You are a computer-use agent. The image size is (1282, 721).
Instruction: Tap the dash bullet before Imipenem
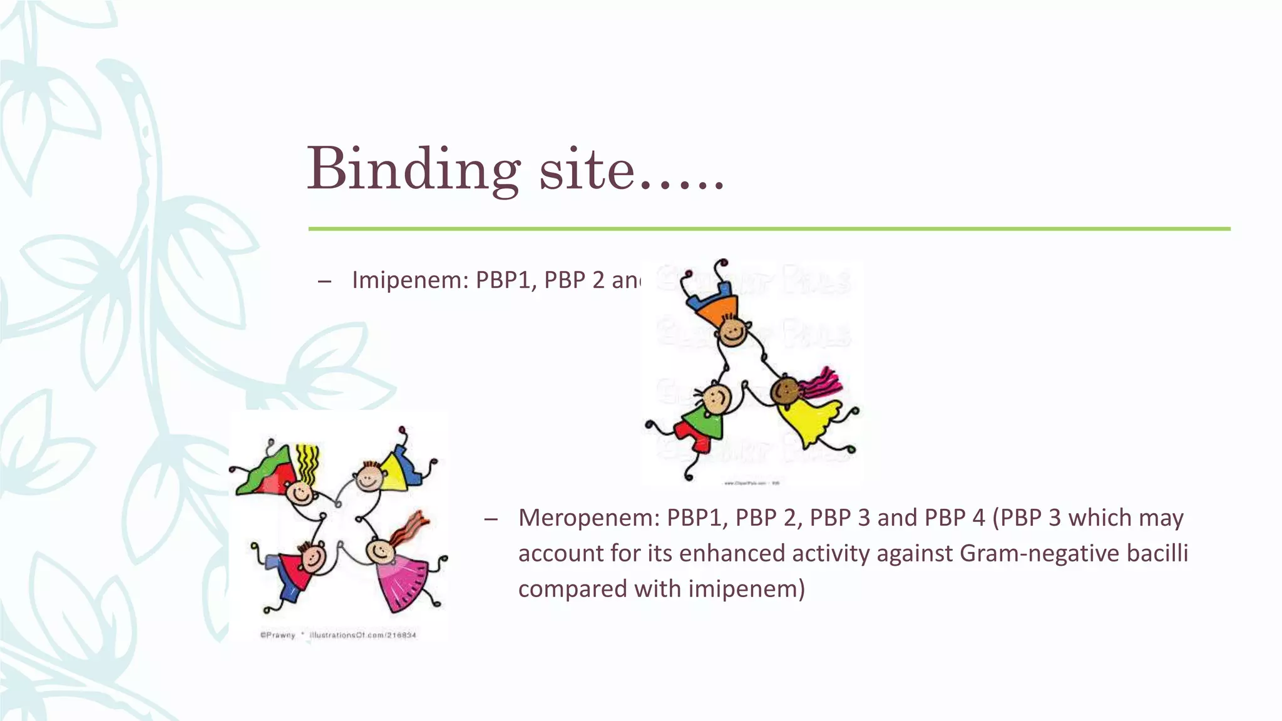click(324, 282)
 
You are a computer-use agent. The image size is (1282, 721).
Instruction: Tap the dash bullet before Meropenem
click(491, 519)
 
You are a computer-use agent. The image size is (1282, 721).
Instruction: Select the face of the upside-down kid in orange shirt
click(733, 332)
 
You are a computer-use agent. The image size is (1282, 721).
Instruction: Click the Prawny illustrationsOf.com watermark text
click(338, 635)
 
